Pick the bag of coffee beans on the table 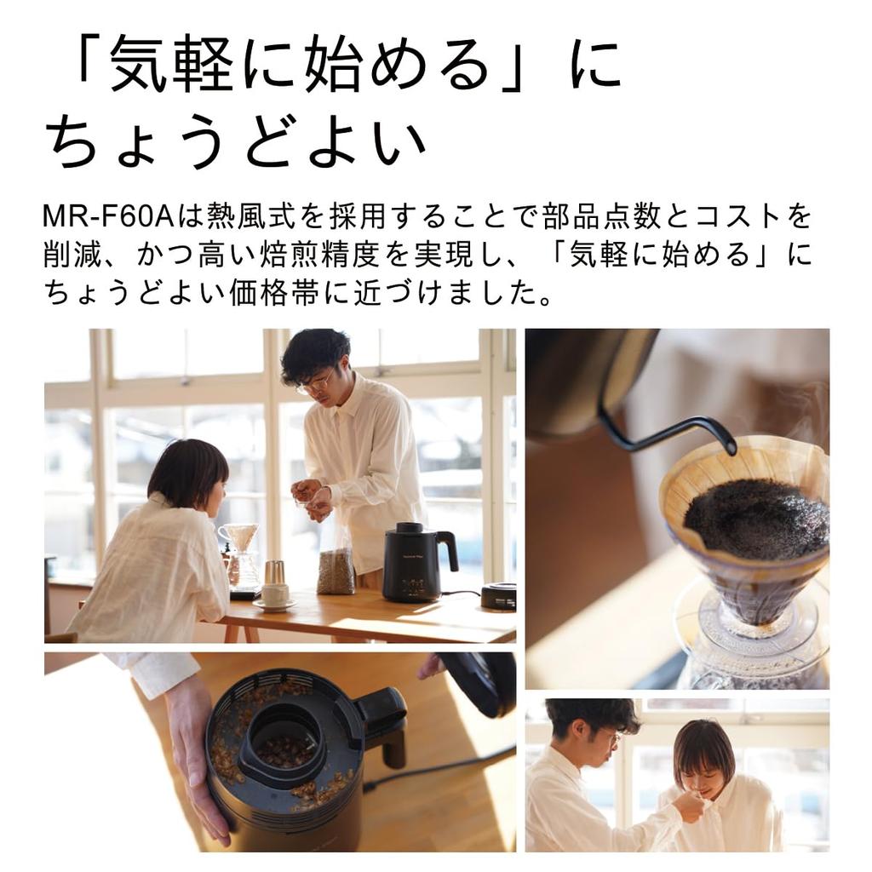click(x=336, y=570)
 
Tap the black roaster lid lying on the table click(x=498, y=595)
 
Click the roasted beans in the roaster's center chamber click(x=285, y=749)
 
